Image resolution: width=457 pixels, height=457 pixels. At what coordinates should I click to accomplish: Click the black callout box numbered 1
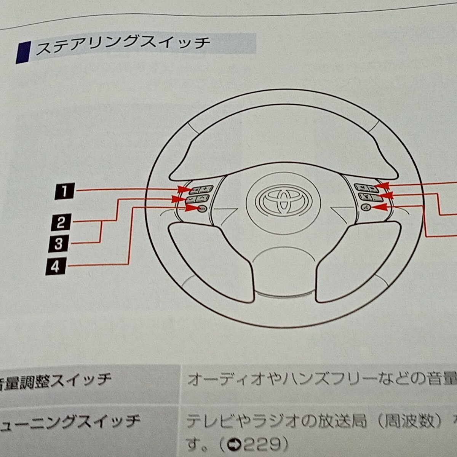(64, 191)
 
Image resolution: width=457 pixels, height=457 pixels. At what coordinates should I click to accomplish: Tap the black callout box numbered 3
(58, 244)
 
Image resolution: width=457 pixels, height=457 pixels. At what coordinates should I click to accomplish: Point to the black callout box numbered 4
(56, 267)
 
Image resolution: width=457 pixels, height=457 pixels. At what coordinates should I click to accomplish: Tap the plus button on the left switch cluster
(206, 189)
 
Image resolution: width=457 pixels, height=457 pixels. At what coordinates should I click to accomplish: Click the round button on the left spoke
(201, 208)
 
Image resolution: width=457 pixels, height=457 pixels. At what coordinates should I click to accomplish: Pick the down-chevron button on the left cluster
(190, 199)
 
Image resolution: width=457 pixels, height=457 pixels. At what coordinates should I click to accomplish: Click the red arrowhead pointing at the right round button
(381, 207)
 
